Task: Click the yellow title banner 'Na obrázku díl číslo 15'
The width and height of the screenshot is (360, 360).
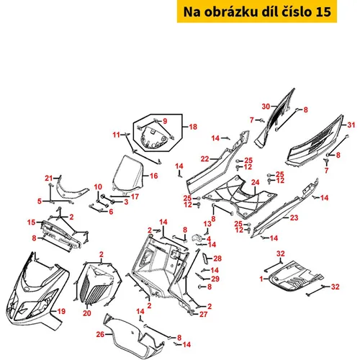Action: pos(257,12)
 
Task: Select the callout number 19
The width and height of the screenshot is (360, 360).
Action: pos(61,311)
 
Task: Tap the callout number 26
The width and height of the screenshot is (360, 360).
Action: pos(100,334)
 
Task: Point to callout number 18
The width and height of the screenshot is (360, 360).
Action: pos(193,127)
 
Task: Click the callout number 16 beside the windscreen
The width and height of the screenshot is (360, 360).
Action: pos(153,176)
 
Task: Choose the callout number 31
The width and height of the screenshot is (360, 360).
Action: pos(351,125)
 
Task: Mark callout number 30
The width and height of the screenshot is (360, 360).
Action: pos(266,107)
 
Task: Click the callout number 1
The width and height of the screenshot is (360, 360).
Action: pos(261,279)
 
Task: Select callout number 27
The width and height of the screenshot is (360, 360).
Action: pos(203,314)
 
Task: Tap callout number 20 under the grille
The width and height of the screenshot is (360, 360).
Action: pos(87,313)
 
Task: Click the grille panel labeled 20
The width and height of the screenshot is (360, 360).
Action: pos(99,286)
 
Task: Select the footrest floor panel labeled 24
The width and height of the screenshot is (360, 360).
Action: pos(240,197)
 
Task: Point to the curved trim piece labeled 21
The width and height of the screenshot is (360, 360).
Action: pos(70,192)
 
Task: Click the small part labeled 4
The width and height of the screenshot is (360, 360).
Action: pos(197,238)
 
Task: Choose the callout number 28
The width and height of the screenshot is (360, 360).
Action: pos(217,258)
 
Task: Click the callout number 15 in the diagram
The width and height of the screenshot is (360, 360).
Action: pos(31,222)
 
